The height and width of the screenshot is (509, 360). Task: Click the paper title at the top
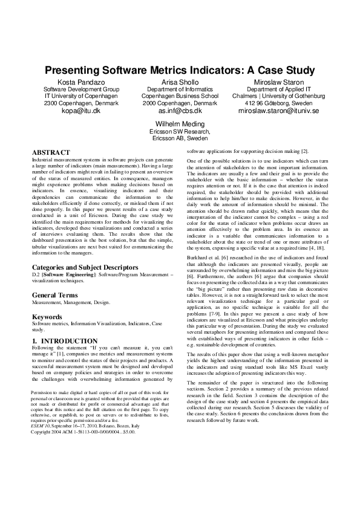click(x=180, y=70)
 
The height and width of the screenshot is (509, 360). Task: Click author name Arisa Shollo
click(x=180, y=82)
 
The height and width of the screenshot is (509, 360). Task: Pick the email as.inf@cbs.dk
click(x=180, y=111)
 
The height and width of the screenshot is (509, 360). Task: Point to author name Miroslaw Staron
click(x=279, y=82)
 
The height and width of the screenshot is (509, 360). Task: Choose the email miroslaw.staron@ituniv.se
click(x=279, y=111)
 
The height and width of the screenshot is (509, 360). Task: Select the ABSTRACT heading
click(x=51, y=152)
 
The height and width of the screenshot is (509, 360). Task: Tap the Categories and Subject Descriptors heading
click(x=85, y=267)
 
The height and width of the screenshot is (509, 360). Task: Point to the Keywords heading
click(x=47, y=317)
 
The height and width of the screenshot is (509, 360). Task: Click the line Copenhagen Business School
click(x=180, y=96)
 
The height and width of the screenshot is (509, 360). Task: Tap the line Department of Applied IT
click(x=279, y=89)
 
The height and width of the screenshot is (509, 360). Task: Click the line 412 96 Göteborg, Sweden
click(x=279, y=103)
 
